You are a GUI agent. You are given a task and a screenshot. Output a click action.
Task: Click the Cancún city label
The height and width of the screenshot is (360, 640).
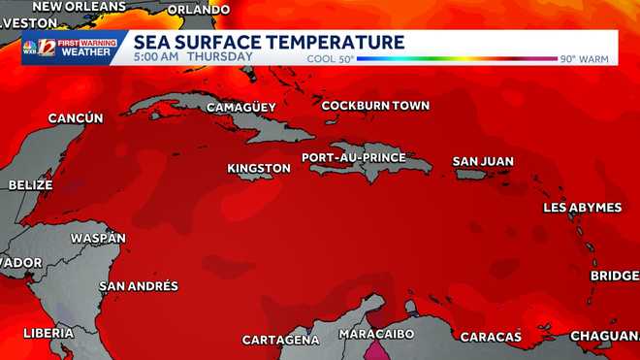click(x=76, y=118)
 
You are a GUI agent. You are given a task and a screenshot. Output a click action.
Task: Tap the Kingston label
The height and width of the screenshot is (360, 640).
click(x=259, y=169)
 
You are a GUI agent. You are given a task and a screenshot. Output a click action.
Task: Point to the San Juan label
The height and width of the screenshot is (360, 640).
click(x=483, y=161)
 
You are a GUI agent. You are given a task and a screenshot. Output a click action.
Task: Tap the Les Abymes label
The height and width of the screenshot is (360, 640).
click(x=581, y=208)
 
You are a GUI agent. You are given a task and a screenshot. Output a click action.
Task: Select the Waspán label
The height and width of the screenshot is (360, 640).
click(x=99, y=238)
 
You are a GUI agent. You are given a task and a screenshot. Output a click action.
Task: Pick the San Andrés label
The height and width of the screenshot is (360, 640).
click(x=139, y=286)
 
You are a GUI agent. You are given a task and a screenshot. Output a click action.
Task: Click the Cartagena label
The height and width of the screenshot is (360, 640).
click(x=280, y=340)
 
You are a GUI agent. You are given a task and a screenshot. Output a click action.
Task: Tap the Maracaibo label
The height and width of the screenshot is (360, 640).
click(x=376, y=334)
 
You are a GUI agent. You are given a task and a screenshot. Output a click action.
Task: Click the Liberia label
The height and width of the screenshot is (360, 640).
click(x=48, y=333)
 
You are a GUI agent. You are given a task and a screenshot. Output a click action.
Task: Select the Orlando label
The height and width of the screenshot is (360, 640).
click(x=199, y=10)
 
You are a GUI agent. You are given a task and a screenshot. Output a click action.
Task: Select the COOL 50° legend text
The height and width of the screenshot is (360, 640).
click(x=330, y=59)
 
